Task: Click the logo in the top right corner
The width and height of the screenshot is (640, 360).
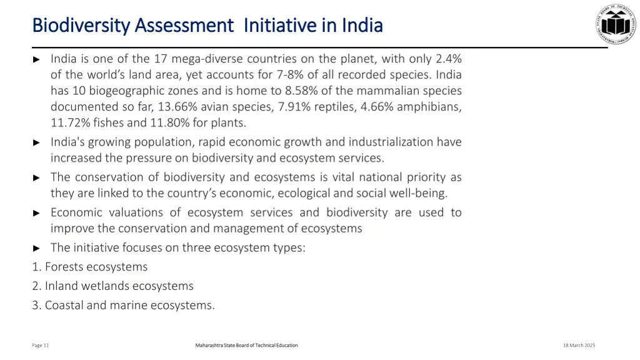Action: click(x=615, y=24)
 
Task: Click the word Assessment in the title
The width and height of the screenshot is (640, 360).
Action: click(x=184, y=26)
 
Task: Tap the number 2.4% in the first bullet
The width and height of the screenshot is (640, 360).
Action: click(x=449, y=59)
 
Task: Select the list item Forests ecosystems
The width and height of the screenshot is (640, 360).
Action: click(x=90, y=267)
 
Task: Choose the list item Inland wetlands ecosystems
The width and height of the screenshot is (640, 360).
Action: click(x=113, y=286)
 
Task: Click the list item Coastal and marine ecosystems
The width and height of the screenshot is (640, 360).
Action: click(x=124, y=306)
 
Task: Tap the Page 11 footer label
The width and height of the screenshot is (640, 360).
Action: click(x=41, y=346)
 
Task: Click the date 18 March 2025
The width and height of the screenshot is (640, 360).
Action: click(x=579, y=346)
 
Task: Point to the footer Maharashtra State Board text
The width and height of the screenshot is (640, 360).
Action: click(x=246, y=346)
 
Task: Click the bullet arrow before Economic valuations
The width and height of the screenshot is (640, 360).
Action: click(x=36, y=213)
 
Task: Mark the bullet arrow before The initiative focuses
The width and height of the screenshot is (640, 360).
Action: click(x=36, y=248)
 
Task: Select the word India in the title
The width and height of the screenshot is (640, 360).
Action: click(x=362, y=26)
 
